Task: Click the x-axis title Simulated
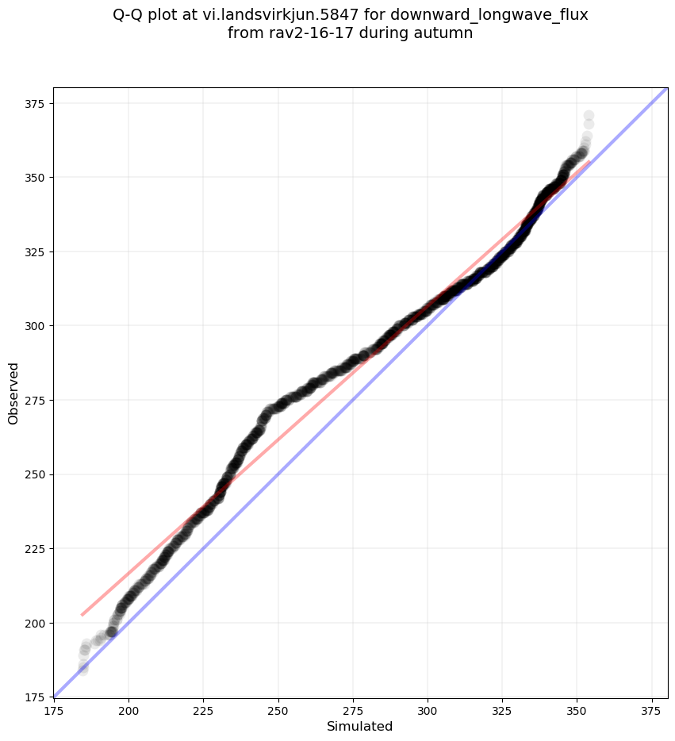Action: pyautogui.click(x=360, y=726)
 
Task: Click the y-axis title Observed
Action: pyautogui.click(x=13, y=393)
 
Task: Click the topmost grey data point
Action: pyautogui.click(x=589, y=116)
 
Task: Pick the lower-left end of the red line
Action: pyautogui.click(x=82, y=615)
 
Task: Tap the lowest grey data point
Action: pyautogui.click(x=82, y=670)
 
